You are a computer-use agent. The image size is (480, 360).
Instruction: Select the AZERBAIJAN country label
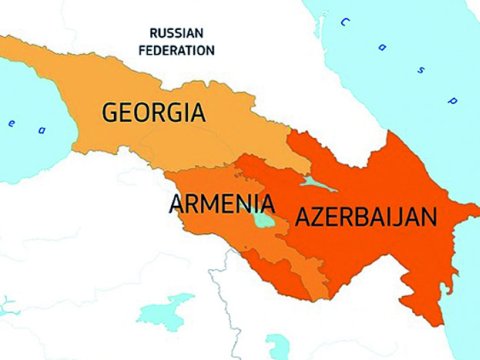[364, 217]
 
